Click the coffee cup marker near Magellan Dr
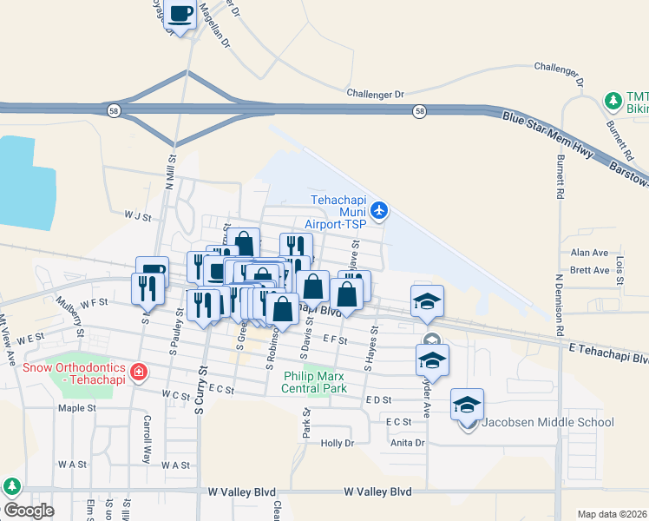point(181,15)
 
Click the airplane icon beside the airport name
point(379,210)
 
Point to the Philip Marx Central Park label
point(315,382)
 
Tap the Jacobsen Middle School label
point(547,423)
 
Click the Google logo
point(29,511)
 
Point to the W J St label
point(137,214)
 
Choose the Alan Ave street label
point(590,253)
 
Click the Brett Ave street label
point(590,271)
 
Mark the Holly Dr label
point(338,443)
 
